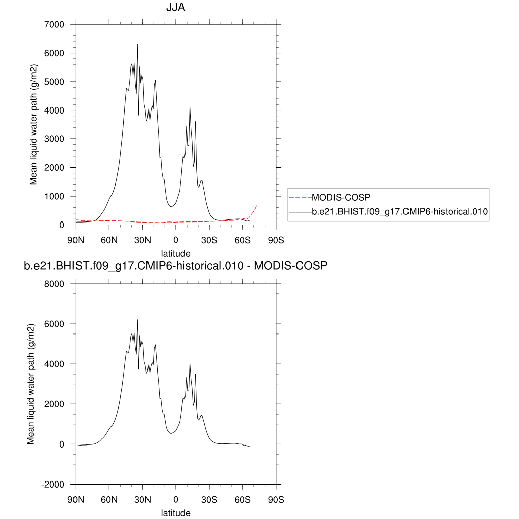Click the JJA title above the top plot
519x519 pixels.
tap(175, 8)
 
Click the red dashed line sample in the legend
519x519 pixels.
tap(300, 197)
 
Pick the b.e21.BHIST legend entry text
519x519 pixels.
tap(399, 213)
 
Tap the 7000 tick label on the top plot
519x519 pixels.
tap(54, 24)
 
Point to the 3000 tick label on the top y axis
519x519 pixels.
tap(54, 139)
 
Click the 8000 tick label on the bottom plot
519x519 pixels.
tap(54, 284)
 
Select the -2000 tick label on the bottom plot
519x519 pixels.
tap(53, 484)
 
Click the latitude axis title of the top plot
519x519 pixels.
tap(175, 253)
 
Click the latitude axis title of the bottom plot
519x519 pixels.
tap(175, 513)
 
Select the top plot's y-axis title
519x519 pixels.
tap(34, 125)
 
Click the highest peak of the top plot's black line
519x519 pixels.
tap(137, 45)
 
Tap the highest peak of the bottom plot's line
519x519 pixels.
tap(137, 320)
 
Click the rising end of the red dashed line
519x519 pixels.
tap(257, 205)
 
